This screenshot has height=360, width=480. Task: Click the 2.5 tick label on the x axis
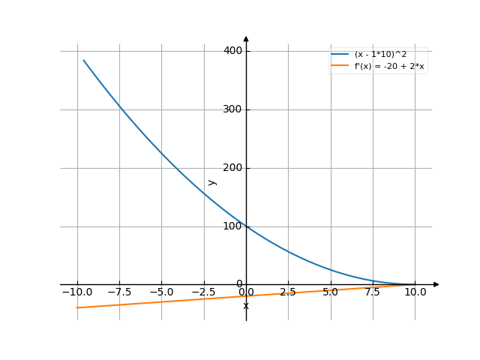tap(289, 292)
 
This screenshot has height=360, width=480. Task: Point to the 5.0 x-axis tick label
tap(331, 292)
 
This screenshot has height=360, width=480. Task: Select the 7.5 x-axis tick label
tap(373, 292)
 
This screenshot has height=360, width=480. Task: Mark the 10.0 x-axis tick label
tap(415, 292)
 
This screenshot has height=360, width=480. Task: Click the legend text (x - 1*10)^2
tap(380, 55)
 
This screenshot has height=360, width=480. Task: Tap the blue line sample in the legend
tap(340, 55)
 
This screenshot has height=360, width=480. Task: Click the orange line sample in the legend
tap(340, 66)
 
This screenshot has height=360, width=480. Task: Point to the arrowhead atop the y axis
tap(246, 39)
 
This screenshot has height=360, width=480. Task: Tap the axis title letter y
tap(212, 181)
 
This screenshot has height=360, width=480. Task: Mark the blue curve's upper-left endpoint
tap(83, 60)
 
